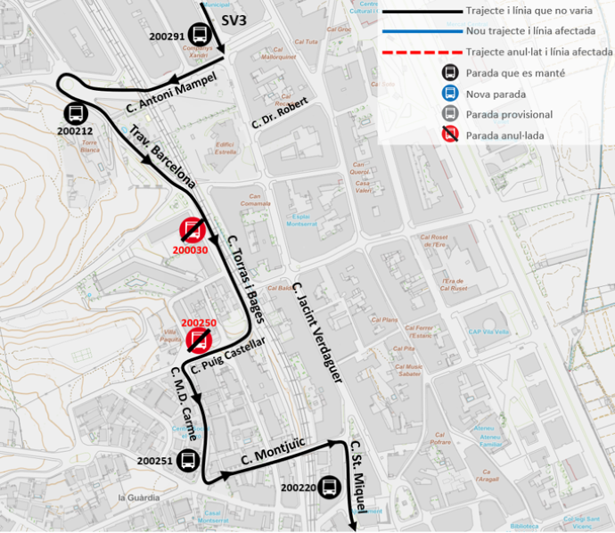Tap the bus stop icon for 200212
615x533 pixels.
pos(76,114)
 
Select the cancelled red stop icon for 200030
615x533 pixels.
pos(193,230)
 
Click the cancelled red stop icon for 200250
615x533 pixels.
pos(199,340)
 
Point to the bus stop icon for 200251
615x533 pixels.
pos(188,460)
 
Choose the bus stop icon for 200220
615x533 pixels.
pos(329,487)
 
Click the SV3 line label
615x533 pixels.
pos(234,20)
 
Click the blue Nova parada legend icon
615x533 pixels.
pos(451,94)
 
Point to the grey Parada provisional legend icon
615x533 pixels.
pos(451,114)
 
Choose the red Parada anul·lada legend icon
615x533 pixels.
pos(451,135)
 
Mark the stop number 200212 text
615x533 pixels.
pos(75,131)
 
